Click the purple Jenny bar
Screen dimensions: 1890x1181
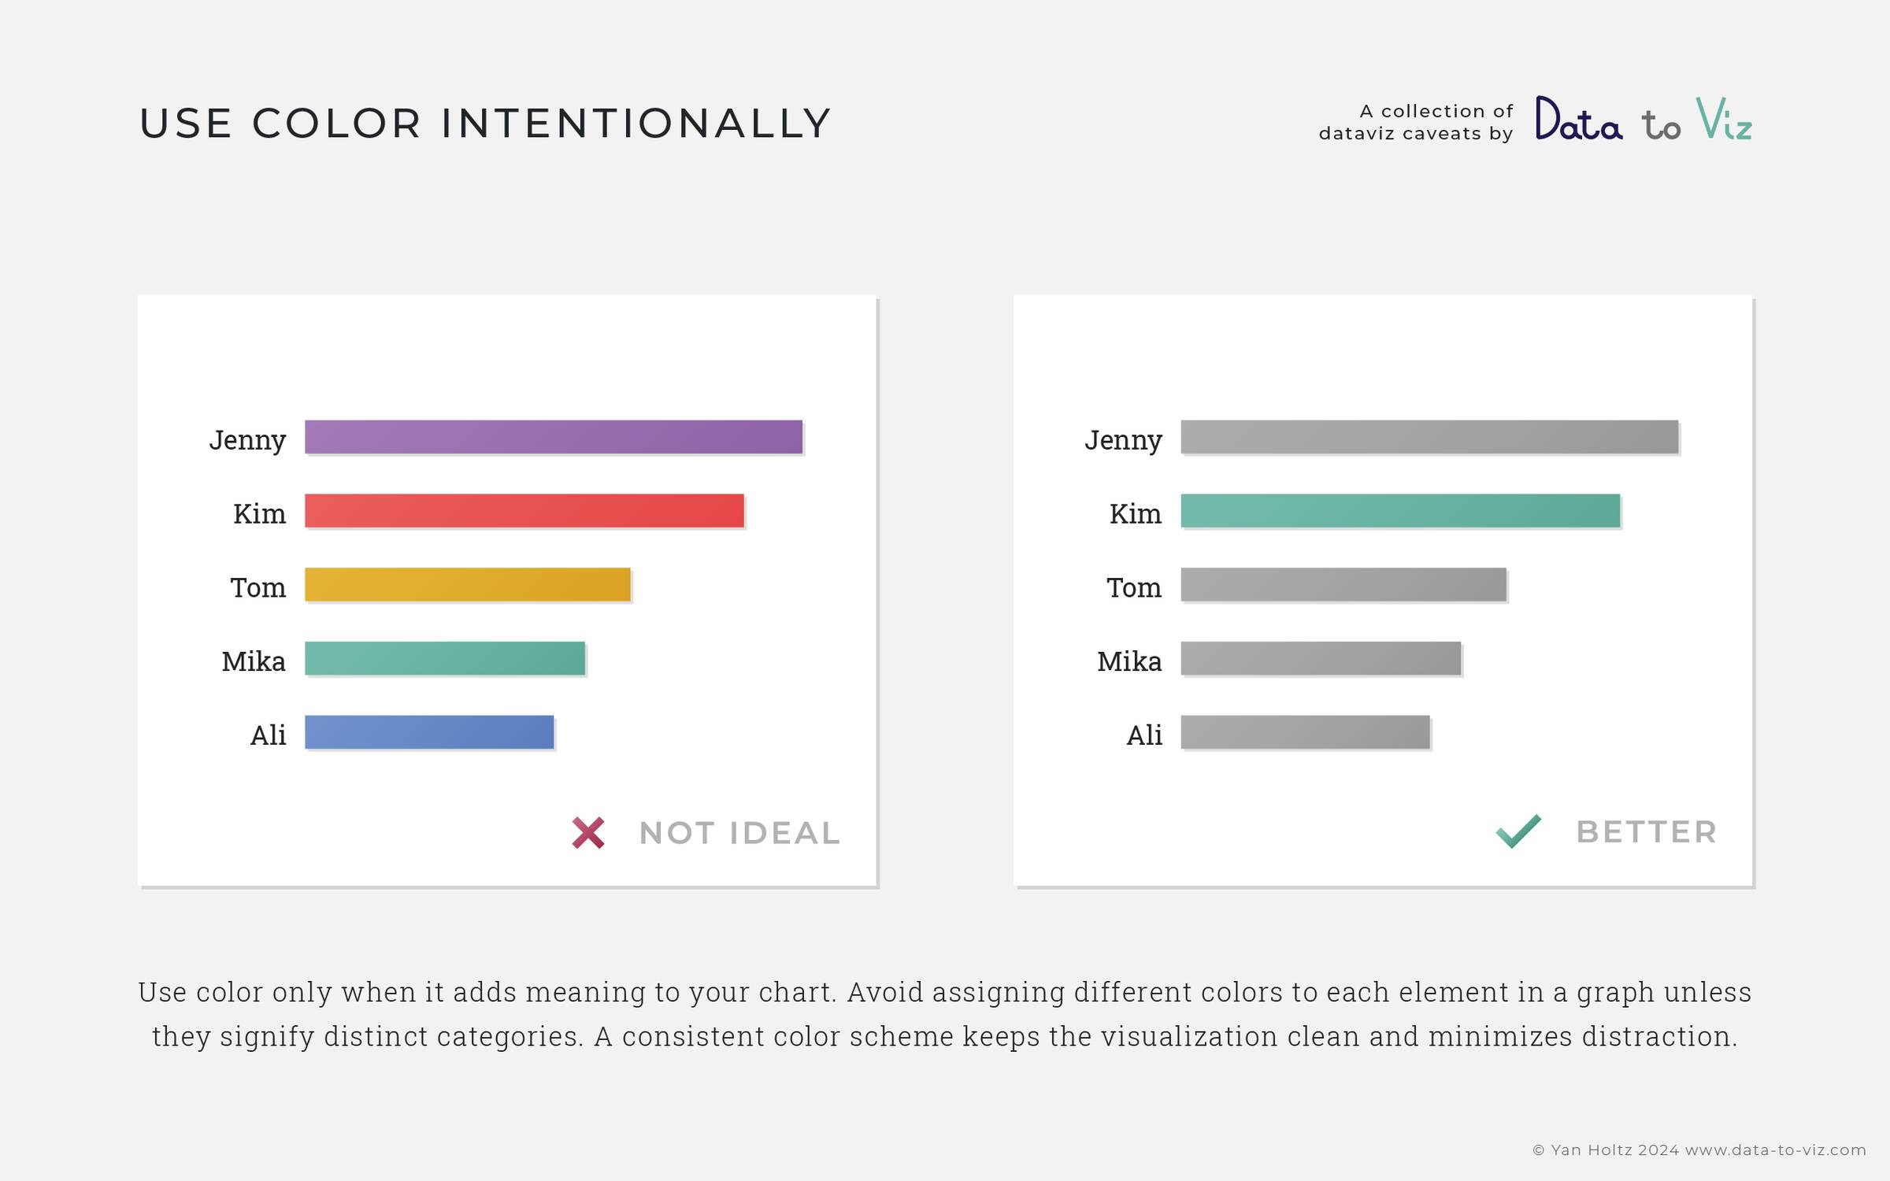[x=554, y=437]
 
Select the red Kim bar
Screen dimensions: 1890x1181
[x=524, y=511]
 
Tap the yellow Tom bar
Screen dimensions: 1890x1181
[x=468, y=585]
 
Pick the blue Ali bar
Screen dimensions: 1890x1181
[x=429, y=732]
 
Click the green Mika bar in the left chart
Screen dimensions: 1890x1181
[x=445, y=658]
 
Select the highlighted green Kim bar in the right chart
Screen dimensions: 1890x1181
[x=1400, y=511]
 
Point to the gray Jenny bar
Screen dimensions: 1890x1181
[x=1429, y=437]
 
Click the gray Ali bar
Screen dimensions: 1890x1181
[x=1306, y=732]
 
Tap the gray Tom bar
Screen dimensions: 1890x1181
[x=1343, y=585]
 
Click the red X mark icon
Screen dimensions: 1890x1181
[x=588, y=833]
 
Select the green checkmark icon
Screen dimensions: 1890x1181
[x=1518, y=831]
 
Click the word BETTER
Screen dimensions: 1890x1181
[x=1647, y=832]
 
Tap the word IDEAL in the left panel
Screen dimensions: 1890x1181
[x=785, y=833]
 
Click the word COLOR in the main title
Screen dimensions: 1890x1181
[x=336, y=124]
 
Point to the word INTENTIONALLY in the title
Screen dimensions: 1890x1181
[x=636, y=124]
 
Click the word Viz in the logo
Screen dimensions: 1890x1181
[x=1724, y=119]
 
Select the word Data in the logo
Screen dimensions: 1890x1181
[x=1579, y=119]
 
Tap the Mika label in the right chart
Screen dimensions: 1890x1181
[x=1129, y=661]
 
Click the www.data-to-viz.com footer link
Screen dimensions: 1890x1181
[x=1776, y=1150]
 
